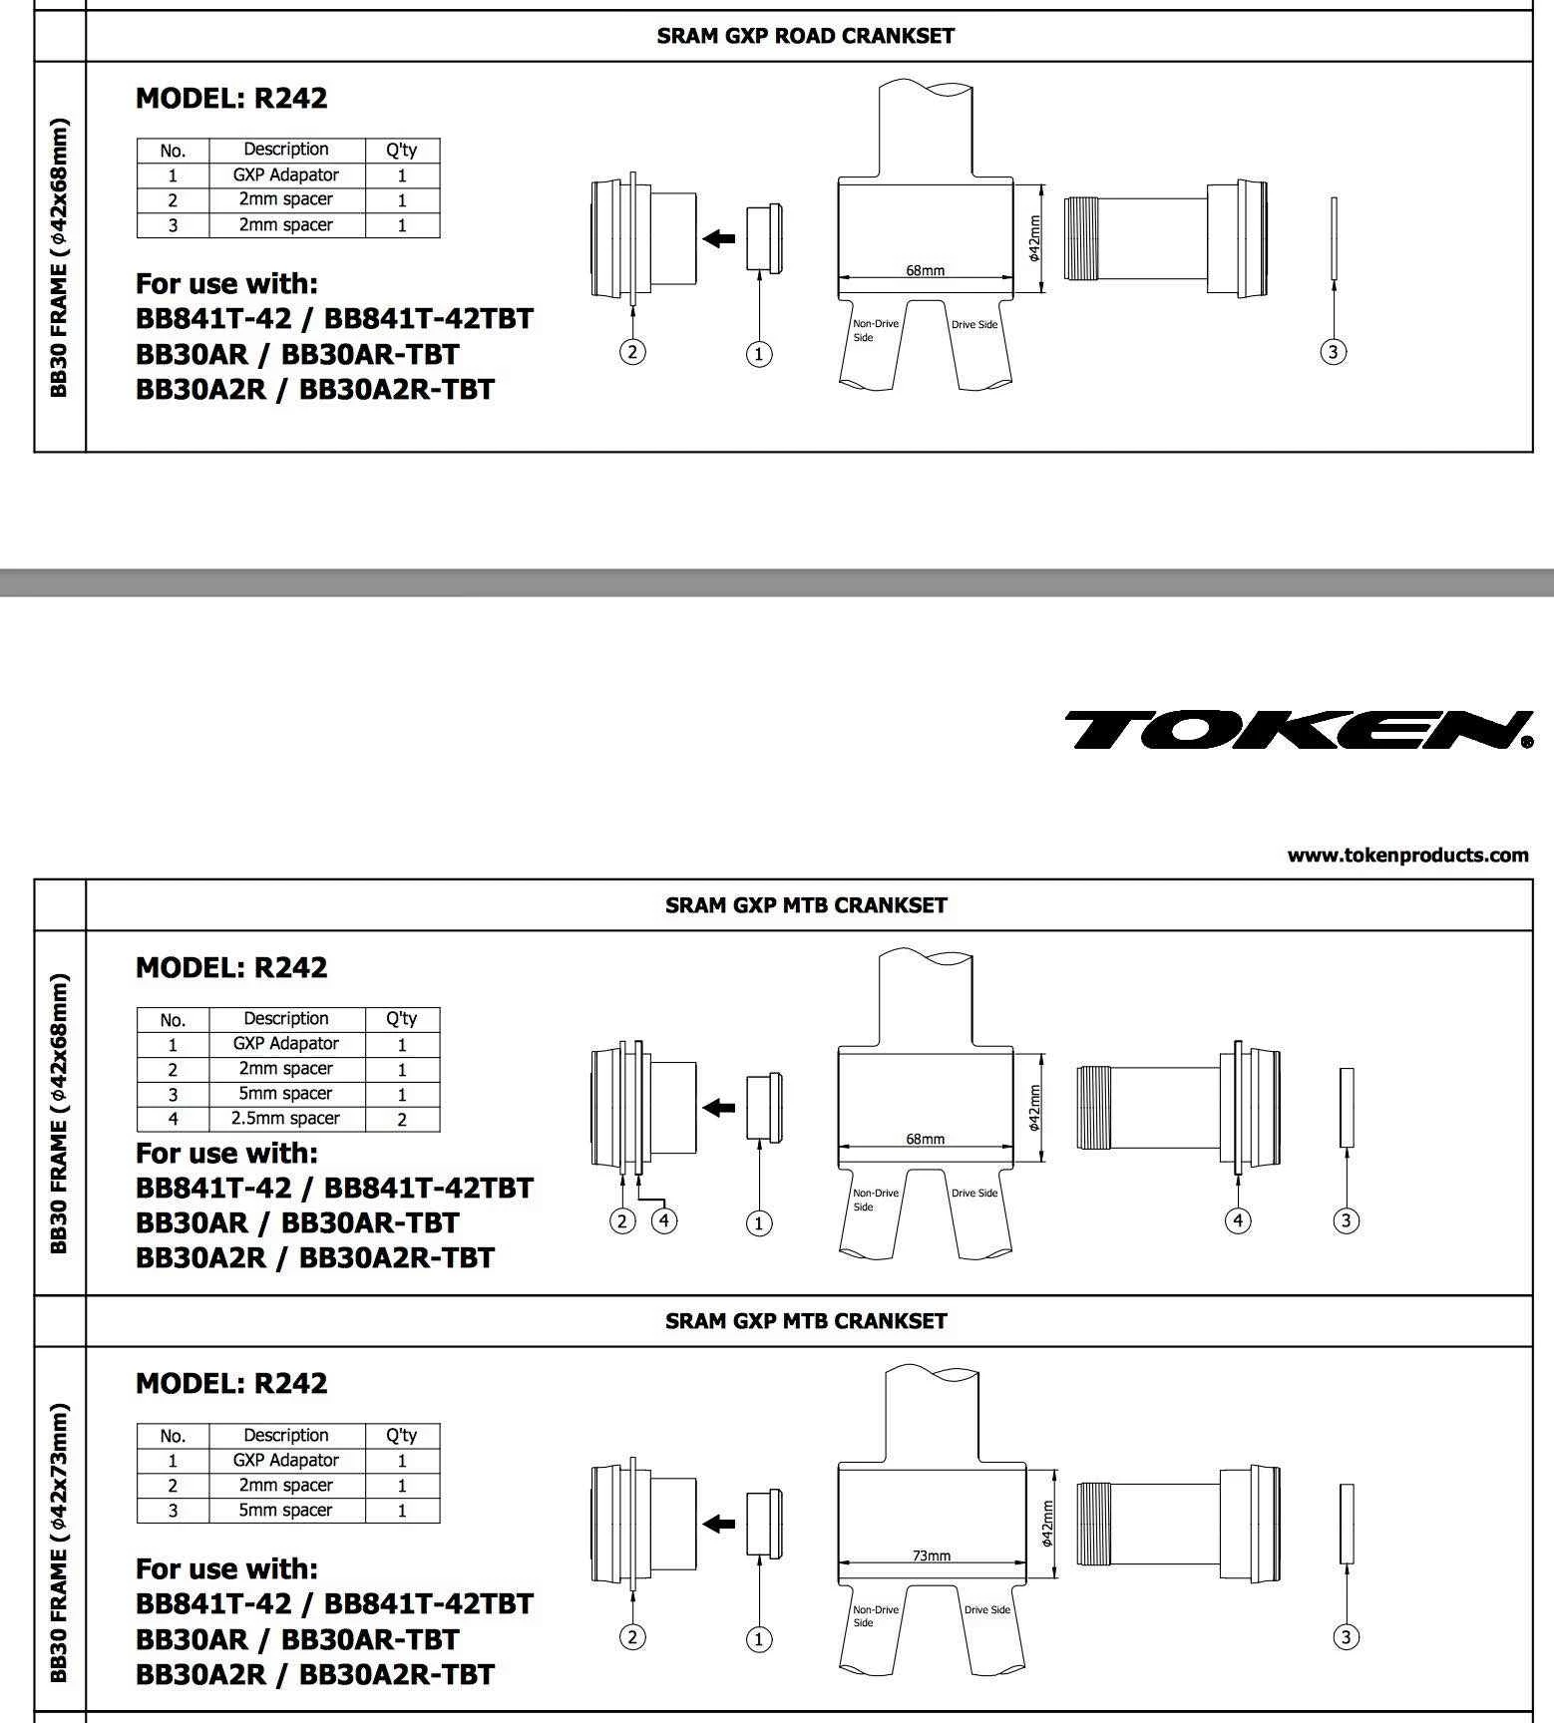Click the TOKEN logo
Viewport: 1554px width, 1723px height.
[x=1297, y=730]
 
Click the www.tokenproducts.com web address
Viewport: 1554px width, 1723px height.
[x=1407, y=855]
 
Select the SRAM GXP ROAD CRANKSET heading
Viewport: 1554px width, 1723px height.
[x=805, y=36]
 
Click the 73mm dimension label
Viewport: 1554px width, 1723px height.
[x=932, y=1554]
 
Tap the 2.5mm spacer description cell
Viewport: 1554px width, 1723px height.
[x=286, y=1119]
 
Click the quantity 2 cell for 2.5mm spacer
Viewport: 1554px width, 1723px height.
[x=402, y=1119]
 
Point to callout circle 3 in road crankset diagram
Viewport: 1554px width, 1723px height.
[x=1334, y=352]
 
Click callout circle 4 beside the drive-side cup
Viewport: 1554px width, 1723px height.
[x=1238, y=1220]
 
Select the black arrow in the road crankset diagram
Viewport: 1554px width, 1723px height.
[x=718, y=238]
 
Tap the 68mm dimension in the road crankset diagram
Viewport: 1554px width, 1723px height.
[x=925, y=270]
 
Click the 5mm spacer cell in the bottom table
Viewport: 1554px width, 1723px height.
[x=286, y=1510]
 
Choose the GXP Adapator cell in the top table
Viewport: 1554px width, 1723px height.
[x=286, y=174]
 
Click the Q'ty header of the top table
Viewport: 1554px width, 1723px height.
[x=402, y=150]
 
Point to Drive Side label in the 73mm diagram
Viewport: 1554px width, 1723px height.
[x=986, y=1609]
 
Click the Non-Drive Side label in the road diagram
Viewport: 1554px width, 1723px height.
[x=875, y=330]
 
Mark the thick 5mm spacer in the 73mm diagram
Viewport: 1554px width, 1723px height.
[x=1347, y=1523]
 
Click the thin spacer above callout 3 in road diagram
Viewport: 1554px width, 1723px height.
[x=1334, y=238]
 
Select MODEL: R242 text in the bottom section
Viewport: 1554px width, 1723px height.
[x=231, y=1383]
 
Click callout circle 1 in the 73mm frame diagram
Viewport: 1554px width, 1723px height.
[x=759, y=1639]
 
